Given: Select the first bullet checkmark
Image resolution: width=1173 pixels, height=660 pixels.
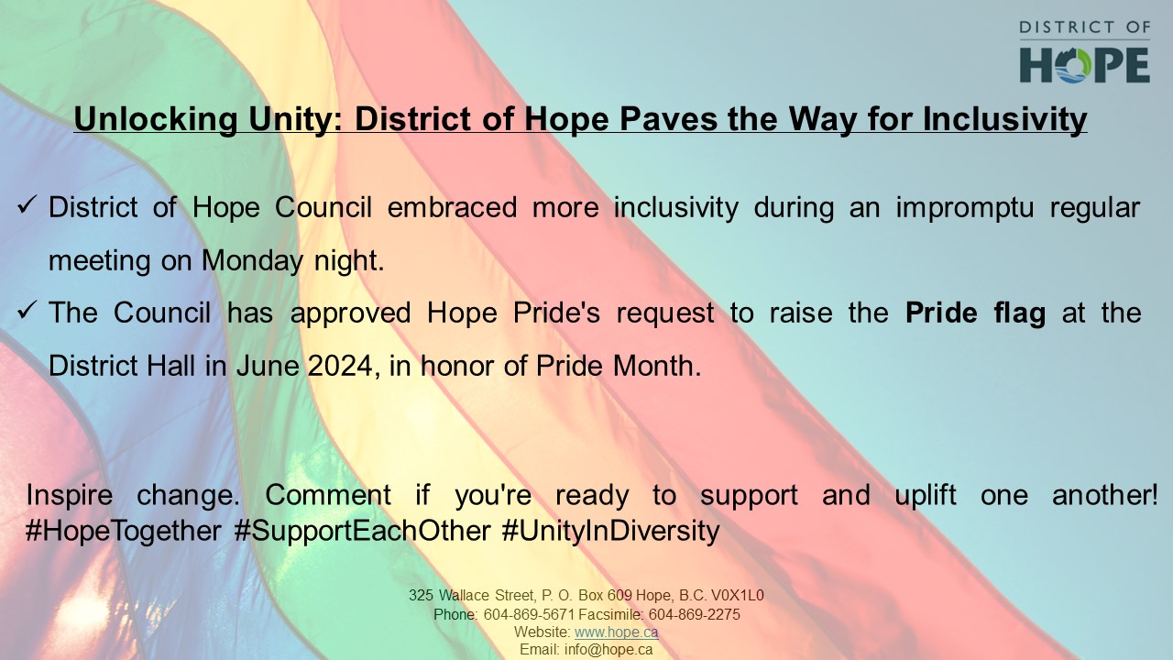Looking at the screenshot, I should pos(27,205).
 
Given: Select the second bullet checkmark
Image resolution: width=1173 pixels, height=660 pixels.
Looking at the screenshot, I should pos(27,311).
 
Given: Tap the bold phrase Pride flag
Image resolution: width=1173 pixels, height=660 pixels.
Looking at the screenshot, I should pos(975,313).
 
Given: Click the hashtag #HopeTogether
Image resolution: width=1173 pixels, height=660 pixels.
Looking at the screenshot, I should pos(124,531).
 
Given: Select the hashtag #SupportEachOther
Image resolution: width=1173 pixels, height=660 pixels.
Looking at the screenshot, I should pos(362,531).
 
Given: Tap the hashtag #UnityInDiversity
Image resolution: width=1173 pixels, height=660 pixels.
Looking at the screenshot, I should pos(610,531).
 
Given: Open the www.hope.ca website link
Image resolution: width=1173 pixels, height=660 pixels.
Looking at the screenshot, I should pos(616,632).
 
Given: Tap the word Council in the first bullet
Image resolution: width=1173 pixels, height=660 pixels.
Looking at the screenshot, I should pos(323,208).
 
